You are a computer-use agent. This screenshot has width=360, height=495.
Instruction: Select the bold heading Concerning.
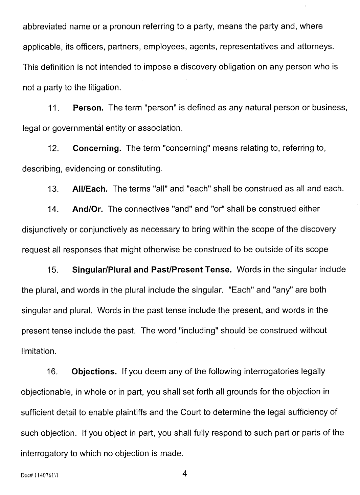click(97, 149)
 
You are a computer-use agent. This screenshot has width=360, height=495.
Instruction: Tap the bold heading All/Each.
click(90, 189)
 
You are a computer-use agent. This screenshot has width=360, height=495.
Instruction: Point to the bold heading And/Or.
click(88, 209)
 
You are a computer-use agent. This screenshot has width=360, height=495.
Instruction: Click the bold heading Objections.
click(94, 372)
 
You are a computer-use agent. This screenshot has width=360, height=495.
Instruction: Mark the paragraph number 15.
click(54, 270)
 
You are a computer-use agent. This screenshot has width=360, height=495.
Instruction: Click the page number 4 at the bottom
click(184, 474)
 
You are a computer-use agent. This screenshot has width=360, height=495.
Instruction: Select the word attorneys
click(316, 47)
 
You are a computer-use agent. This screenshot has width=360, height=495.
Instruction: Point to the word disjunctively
click(45, 230)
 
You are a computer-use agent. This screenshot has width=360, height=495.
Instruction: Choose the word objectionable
click(46, 392)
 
